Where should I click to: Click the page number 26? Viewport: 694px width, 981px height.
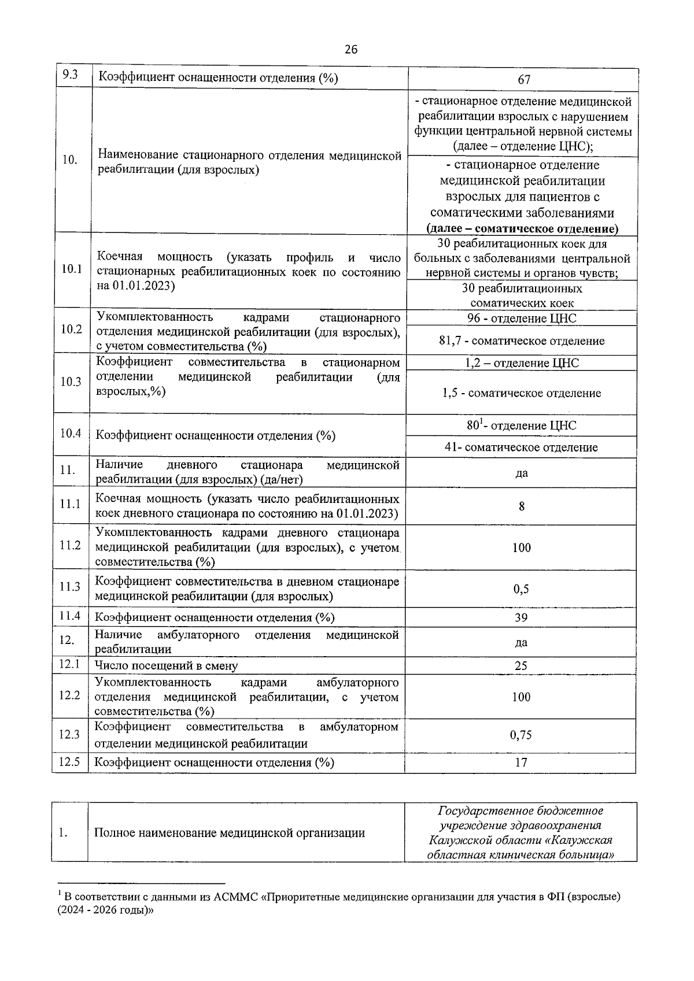coord(351,49)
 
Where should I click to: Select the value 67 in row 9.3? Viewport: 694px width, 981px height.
coord(524,80)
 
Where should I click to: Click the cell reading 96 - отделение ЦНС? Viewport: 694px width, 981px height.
coord(522,319)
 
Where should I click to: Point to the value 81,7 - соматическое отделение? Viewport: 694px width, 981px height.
coord(522,341)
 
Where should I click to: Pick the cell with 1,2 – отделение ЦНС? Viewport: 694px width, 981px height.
coord(522,363)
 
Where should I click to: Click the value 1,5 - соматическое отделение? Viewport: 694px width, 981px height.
coord(522,393)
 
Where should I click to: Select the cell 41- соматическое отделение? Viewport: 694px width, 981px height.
coord(522,447)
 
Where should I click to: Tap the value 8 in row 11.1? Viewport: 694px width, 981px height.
coord(522,506)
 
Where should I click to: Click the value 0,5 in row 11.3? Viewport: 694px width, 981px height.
coord(521,589)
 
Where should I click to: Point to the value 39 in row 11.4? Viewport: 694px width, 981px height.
coord(521,617)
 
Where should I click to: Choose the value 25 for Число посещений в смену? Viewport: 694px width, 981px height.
coord(521,666)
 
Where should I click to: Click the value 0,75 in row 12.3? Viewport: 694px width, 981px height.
coord(521,735)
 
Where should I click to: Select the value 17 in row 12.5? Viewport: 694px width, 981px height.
coord(521,762)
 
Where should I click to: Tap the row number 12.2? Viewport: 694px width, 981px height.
coord(69,695)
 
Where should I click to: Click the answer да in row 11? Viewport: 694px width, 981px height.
coord(522,473)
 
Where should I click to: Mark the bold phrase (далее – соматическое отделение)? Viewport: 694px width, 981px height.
coord(522,228)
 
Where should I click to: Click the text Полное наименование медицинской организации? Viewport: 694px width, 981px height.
coord(230,833)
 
